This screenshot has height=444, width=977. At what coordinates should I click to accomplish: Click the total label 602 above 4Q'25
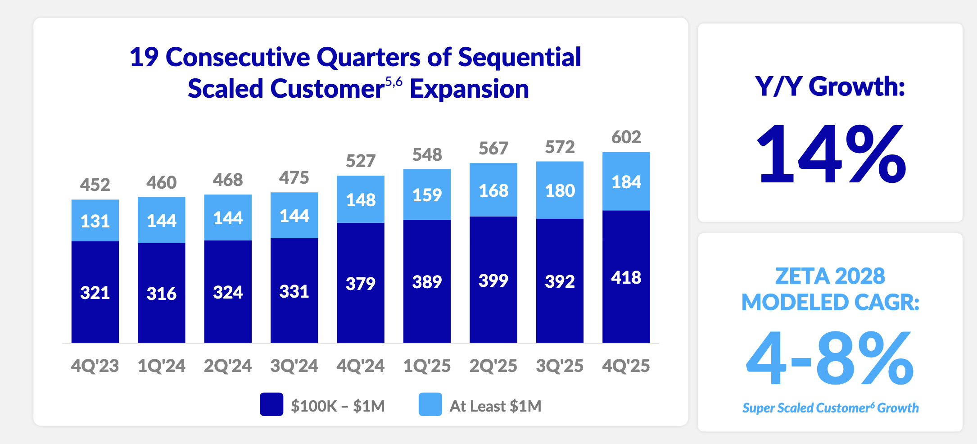point(626,137)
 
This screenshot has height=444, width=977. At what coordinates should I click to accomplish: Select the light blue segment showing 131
point(95,221)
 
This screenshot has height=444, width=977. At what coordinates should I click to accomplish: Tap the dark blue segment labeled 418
point(626,276)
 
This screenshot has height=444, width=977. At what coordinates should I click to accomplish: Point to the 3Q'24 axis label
point(294,366)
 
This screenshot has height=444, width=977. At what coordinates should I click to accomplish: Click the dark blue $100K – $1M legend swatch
point(271,404)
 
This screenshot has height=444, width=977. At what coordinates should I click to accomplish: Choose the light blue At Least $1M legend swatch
point(430,404)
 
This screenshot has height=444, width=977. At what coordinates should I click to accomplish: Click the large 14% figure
point(830,154)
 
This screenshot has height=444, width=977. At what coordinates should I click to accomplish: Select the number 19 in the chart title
point(144,57)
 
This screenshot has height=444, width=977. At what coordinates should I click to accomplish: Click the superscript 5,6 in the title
point(394,82)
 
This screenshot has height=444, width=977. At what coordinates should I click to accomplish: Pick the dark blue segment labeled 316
point(161,293)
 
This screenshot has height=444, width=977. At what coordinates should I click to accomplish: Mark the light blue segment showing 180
point(560,190)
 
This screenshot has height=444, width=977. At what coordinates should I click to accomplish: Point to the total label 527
point(360,161)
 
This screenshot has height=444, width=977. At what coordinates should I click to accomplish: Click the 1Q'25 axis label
point(427,366)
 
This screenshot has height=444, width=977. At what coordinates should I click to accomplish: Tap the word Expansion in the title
point(469,89)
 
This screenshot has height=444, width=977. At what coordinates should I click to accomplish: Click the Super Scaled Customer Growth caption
point(830,408)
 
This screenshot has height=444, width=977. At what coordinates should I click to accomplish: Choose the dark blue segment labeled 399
point(493,280)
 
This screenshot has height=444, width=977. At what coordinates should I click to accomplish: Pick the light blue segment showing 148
point(360,199)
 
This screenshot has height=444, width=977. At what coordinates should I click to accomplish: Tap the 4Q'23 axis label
point(95,366)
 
